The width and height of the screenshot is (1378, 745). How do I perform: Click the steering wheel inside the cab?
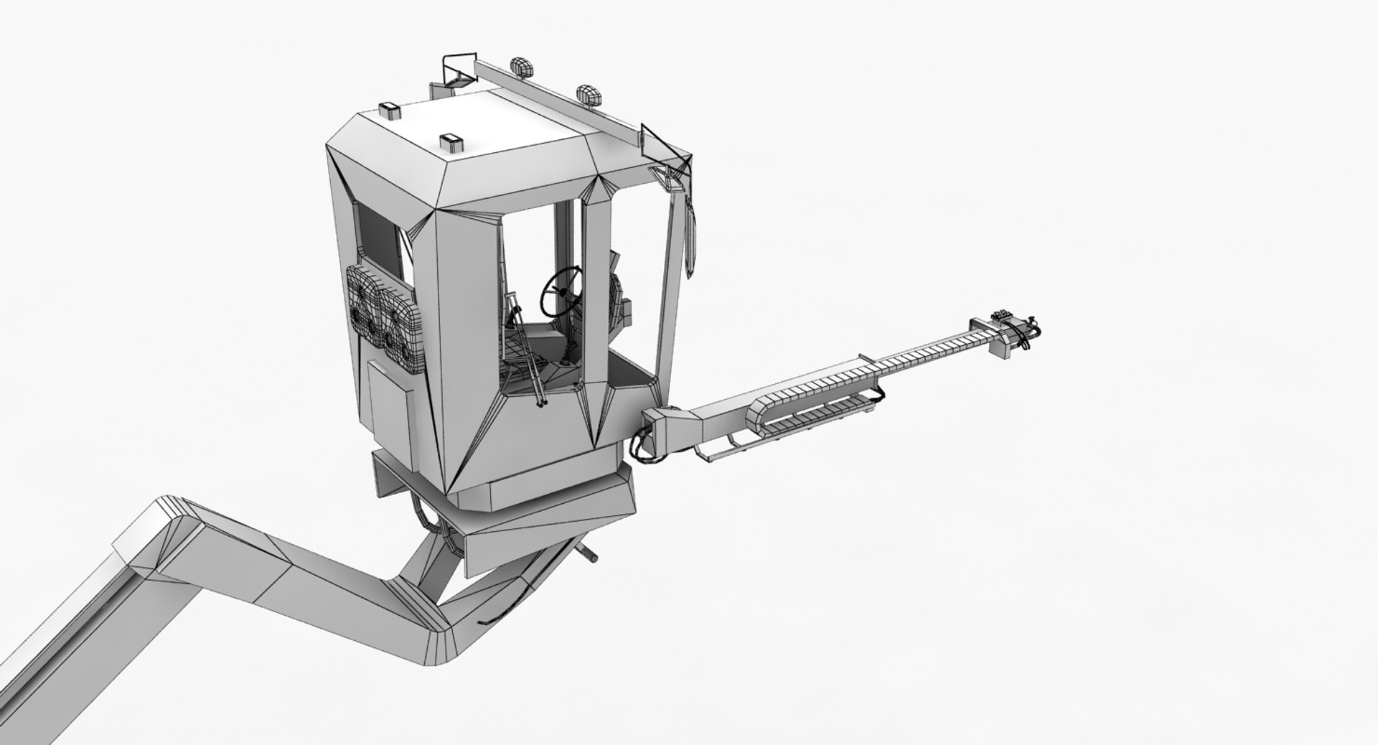[x=561, y=290]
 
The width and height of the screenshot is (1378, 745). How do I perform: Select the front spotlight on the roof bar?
[x=588, y=93]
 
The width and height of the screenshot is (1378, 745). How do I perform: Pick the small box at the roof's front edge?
[x=452, y=142]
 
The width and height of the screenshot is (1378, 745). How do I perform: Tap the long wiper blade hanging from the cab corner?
[x=690, y=237]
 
